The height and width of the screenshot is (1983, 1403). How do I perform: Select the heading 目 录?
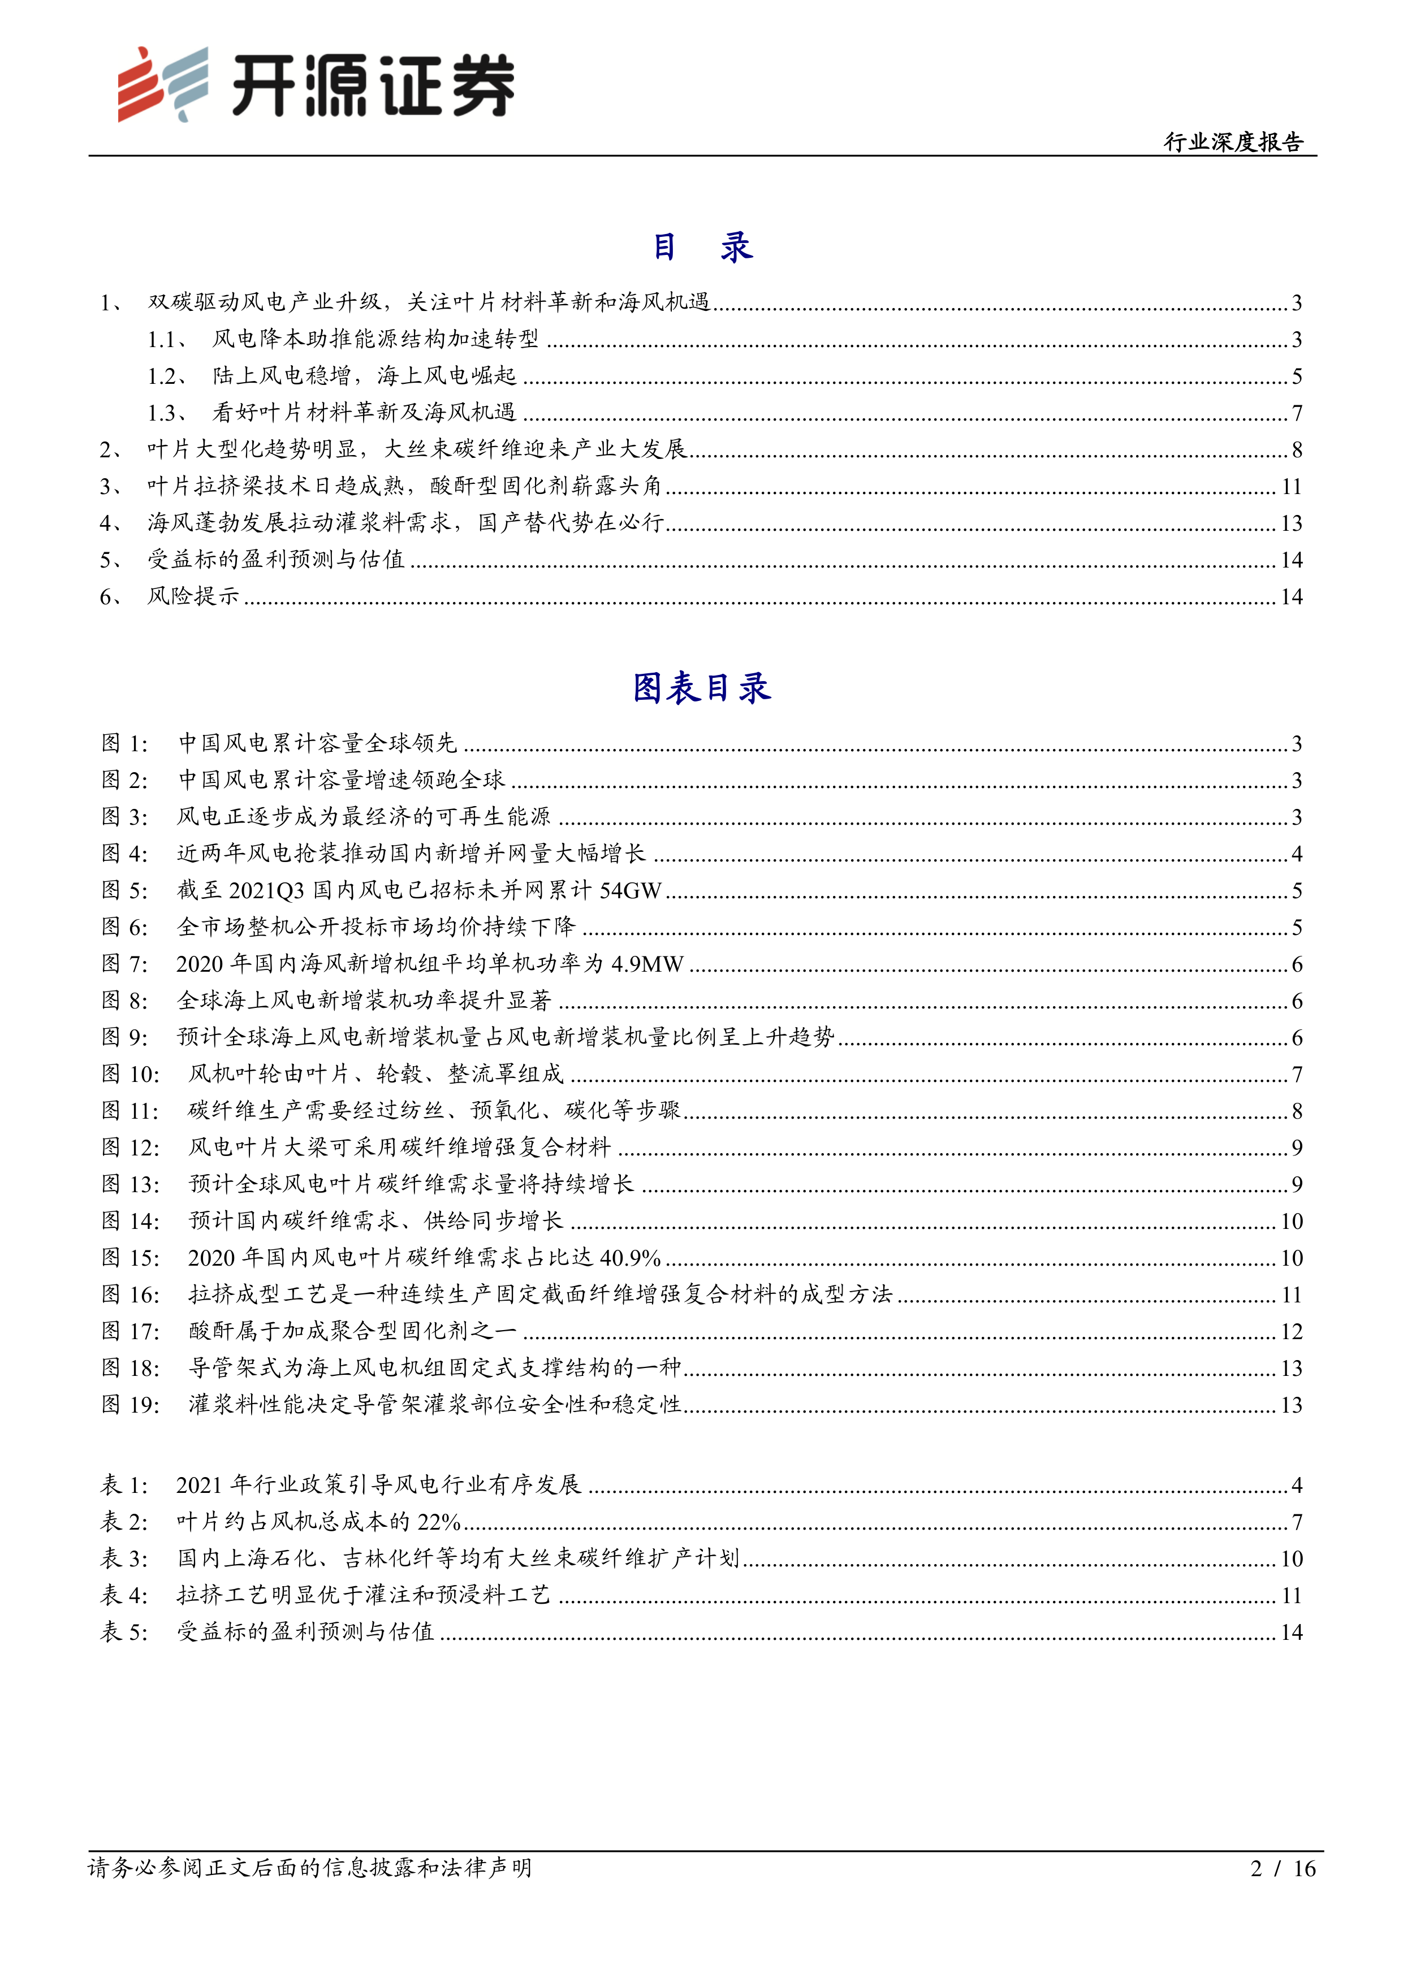[x=701, y=247]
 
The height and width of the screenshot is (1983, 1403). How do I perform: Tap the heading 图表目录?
[x=701, y=689]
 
